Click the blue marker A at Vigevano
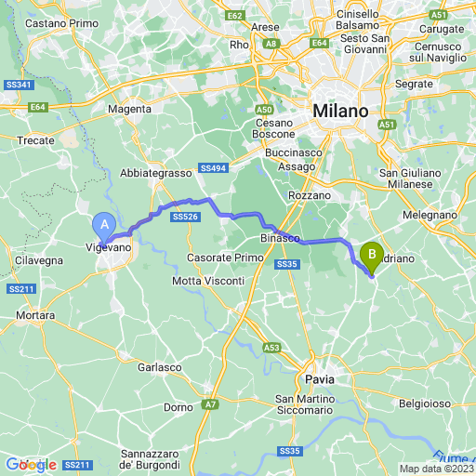(104, 224)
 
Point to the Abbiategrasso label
(155, 173)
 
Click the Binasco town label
(280, 238)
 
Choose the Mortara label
(34, 316)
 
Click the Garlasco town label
(159, 367)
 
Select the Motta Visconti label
(208, 281)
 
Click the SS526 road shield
(184, 217)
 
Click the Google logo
(32, 464)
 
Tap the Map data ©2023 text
(437, 469)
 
